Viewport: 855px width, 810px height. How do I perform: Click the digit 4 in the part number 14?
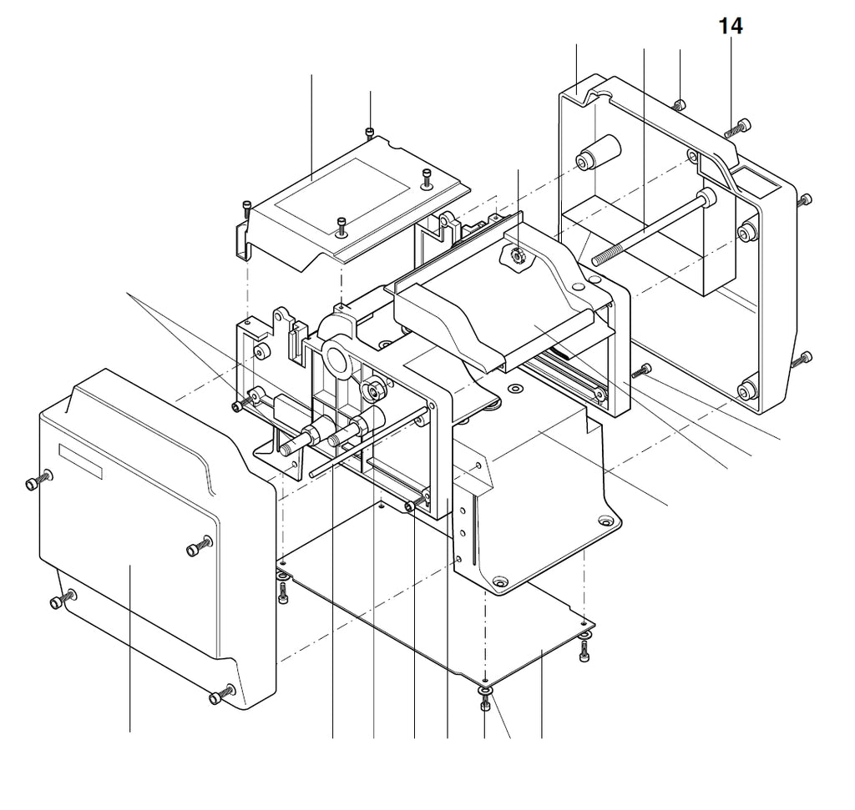tap(736, 26)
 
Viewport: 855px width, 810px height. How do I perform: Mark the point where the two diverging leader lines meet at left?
tap(128, 294)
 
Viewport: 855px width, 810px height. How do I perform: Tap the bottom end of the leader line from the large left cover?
tap(129, 732)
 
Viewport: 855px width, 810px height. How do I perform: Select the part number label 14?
tap(731, 26)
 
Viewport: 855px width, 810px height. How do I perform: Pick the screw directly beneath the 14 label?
tap(738, 128)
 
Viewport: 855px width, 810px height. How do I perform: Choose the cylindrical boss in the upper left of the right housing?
tap(599, 152)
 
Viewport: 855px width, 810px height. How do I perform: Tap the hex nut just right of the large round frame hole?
tap(373, 389)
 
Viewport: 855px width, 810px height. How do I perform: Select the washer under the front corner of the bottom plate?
tap(485, 692)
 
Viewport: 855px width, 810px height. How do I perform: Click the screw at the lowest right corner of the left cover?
tap(221, 695)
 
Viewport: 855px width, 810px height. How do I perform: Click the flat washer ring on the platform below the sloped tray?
tap(514, 389)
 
